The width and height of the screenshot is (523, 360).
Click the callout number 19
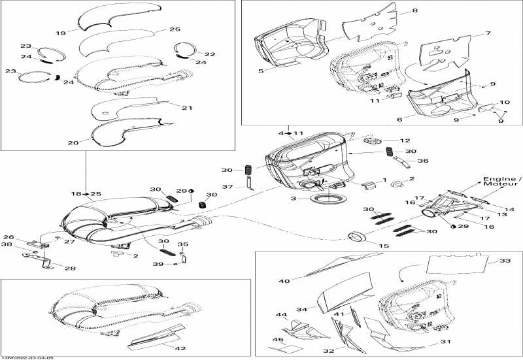tap(61, 32)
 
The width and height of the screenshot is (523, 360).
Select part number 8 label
tap(414, 12)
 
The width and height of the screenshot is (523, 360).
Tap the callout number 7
tap(488, 33)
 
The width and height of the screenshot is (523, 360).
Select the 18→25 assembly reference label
tap(86, 194)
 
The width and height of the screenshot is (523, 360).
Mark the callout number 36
tap(423, 161)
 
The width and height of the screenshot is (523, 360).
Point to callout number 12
tap(405, 140)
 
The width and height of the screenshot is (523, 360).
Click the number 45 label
tap(278, 339)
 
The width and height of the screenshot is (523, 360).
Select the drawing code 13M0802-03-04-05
tap(27, 357)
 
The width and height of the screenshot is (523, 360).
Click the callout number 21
tap(187, 108)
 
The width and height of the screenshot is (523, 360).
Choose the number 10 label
tap(504, 103)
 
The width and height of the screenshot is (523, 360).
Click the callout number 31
tap(445, 341)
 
